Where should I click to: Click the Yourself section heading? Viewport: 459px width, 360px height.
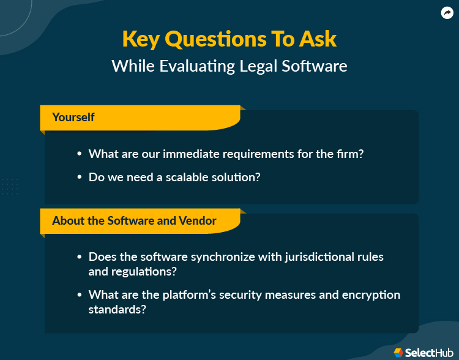pyautogui.click(x=73, y=117)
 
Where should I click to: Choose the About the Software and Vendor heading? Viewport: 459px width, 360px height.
pyautogui.click(x=134, y=220)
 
